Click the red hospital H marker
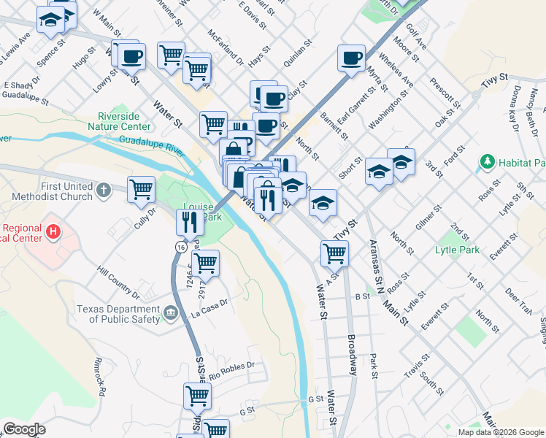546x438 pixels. (x=53, y=232)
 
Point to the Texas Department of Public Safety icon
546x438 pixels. (x=171, y=313)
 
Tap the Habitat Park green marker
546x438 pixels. (x=485, y=161)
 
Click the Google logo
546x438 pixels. (x=24, y=429)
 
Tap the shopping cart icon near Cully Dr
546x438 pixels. (x=141, y=189)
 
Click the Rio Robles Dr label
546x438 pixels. (x=231, y=370)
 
